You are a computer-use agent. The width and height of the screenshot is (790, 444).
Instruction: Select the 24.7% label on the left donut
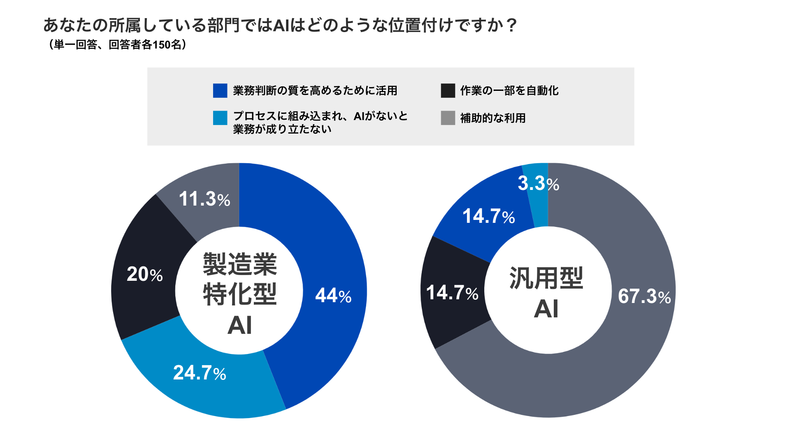[x=200, y=373]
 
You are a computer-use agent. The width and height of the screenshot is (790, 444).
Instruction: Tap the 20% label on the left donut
[x=144, y=274]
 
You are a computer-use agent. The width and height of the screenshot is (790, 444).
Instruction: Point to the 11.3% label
[x=204, y=199]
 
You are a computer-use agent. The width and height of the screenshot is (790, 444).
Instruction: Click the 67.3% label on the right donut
[x=644, y=296]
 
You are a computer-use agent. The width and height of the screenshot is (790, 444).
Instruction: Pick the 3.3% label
[x=538, y=183]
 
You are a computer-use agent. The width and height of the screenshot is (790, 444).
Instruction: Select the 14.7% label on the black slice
[x=452, y=293]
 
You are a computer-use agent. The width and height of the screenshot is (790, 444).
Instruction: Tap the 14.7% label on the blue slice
[x=488, y=216]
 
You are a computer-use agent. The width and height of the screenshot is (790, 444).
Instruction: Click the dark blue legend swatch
[x=220, y=90]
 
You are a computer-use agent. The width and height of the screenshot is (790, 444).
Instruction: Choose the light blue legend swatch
[x=220, y=118]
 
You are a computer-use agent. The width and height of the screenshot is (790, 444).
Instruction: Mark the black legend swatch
[x=448, y=90]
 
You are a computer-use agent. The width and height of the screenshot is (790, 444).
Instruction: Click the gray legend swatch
[x=448, y=118]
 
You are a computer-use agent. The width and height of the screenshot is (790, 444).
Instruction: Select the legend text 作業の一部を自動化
[x=509, y=90]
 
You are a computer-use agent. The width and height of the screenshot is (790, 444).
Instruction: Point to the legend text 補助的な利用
[x=493, y=118]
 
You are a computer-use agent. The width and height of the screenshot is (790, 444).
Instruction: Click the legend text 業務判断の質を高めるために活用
[x=315, y=90]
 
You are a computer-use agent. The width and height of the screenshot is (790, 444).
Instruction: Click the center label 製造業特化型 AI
[x=239, y=294]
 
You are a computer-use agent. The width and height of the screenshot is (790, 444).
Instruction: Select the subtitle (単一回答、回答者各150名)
[x=117, y=44]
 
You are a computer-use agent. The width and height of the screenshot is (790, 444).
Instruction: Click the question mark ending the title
[x=511, y=25]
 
